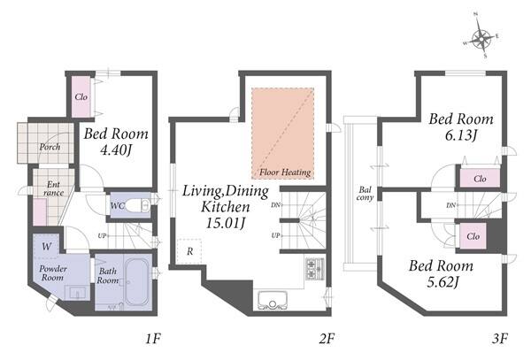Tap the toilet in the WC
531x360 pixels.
[x=141, y=205]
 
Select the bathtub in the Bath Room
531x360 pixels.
[x=137, y=281]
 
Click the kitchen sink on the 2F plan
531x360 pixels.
[x=273, y=300]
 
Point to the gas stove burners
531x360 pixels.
[x=315, y=269]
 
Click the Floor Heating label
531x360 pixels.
[x=285, y=172]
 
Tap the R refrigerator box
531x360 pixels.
[x=189, y=251]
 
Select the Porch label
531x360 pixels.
[x=50, y=147]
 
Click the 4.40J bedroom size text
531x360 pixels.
[x=115, y=149]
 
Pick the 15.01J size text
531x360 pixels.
[x=226, y=223]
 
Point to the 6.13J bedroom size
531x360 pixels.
[x=461, y=135]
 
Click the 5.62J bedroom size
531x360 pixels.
[x=442, y=281]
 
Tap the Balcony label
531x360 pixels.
[x=365, y=194]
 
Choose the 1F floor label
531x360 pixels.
[x=153, y=338]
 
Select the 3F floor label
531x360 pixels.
[x=500, y=338]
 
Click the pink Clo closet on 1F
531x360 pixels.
[x=81, y=96]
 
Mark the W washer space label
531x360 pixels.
[x=46, y=246]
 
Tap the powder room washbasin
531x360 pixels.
[x=78, y=293]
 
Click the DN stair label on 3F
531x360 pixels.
[x=450, y=205]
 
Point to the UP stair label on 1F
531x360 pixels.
[x=102, y=236]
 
